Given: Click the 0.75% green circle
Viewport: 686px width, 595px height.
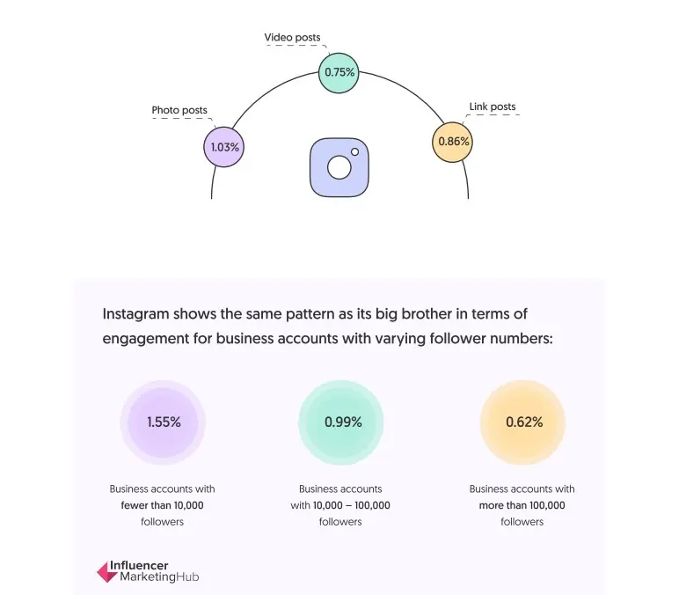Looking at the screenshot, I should click(x=339, y=72).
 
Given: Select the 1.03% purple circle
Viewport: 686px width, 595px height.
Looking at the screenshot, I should click(x=223, y=147).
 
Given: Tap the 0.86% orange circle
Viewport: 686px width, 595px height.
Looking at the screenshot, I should click(x=453, y=141).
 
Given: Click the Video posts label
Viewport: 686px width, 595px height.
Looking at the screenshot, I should click(x=293, y=38).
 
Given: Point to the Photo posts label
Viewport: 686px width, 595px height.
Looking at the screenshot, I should click(x=179, y=111).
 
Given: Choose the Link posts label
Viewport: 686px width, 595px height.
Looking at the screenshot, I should click(x=493, y=107).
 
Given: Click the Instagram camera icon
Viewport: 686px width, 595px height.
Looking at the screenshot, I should click(x=339, y=166).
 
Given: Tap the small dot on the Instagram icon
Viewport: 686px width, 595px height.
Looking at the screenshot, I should click(x=355, y=152).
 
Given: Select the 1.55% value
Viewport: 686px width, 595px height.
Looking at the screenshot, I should click(x=164, y=422).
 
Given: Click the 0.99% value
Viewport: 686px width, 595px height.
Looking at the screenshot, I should click(x=343, y=422).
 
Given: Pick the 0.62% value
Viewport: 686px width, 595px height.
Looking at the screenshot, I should click(x=524, y=422).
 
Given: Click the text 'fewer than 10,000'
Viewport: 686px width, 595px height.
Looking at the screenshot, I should click(x=162, y=505).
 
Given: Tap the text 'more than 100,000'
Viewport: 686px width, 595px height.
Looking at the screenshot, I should click(x=522, y=505).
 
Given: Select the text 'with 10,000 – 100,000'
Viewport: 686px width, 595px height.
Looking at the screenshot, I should click(x=340, y=505).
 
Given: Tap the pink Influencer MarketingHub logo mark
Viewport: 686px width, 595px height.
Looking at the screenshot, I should click(x=106, y=572).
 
